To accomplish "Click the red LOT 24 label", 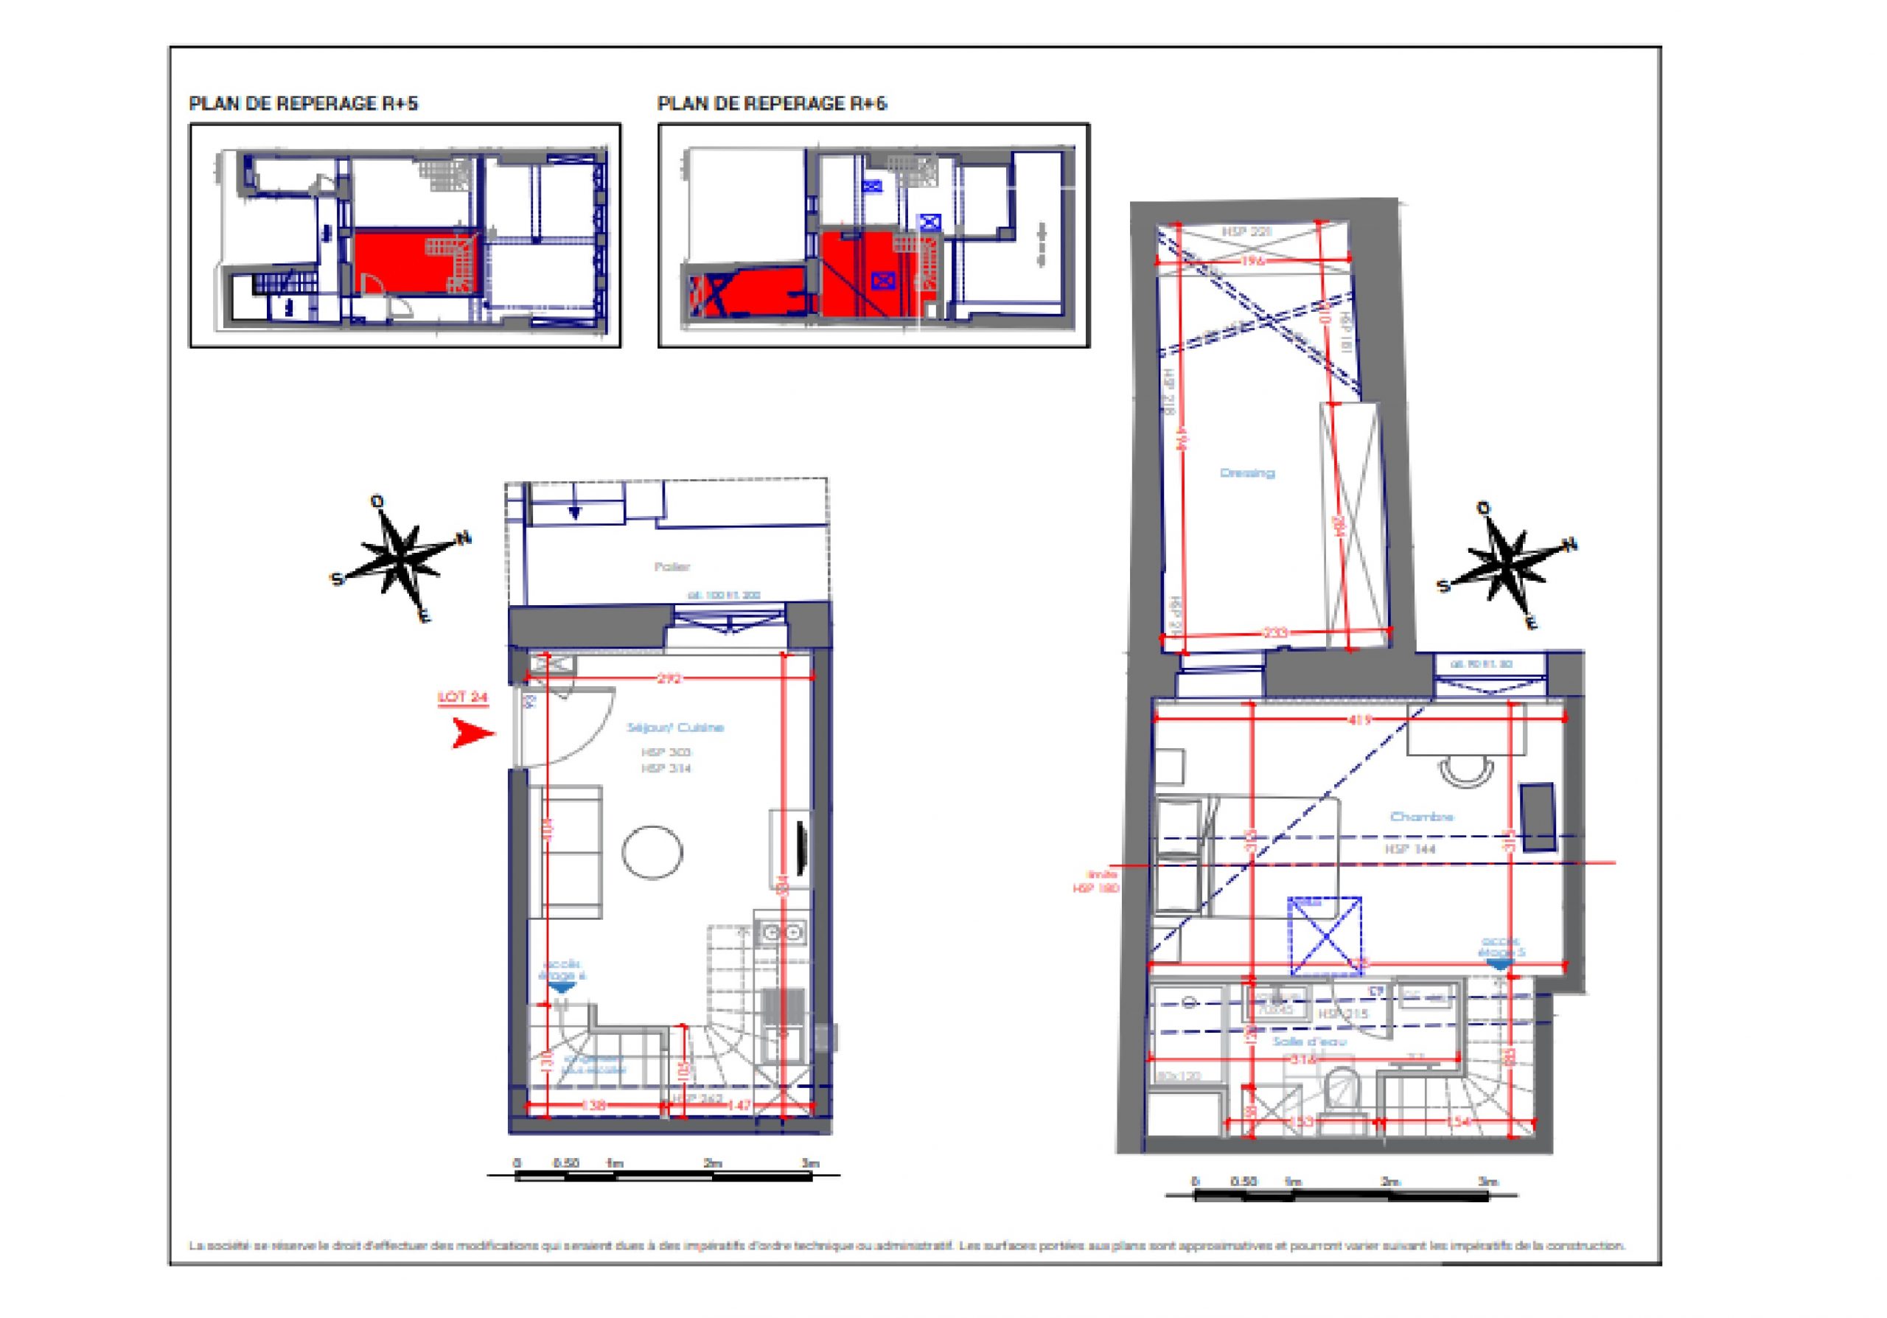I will tap(463, 697).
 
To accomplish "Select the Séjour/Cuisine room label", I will tap(674, 728).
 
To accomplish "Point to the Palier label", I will tap(672, 566).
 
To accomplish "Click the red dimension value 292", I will tap(670, 679).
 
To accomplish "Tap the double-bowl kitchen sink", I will tap(781, 932).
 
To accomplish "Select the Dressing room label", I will tap(1246, 473).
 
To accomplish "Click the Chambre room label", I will tap(1422, 817).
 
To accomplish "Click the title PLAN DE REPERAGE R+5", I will tap(303, 103).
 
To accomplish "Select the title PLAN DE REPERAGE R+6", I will tap(772, 103).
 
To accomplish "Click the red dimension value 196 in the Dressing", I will tap(1253, 261).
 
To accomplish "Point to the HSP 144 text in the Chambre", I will tap(1410, 848).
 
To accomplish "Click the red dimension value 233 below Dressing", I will tap(1274, 632).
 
